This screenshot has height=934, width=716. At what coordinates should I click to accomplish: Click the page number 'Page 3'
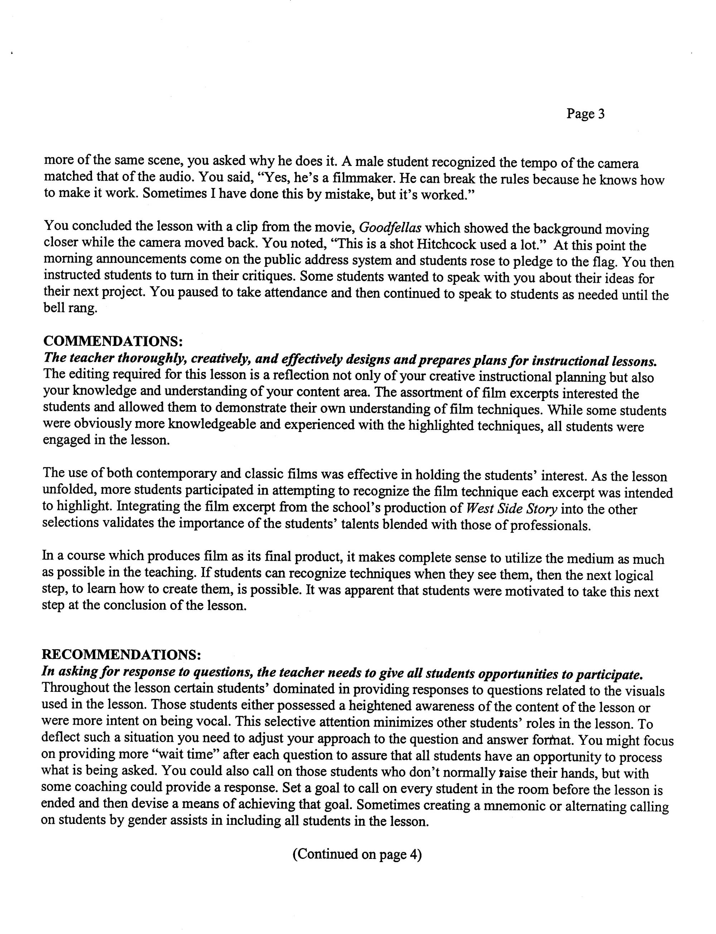585,114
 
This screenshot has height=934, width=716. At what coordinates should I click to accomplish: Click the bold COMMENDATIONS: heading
113,341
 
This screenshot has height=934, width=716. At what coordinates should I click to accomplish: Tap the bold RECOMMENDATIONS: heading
121,654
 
